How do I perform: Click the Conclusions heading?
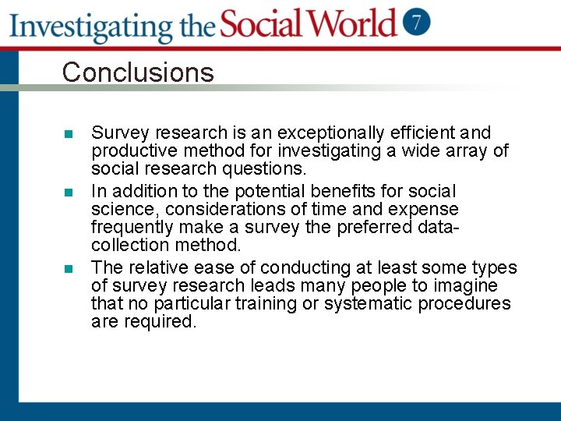click(138, 73)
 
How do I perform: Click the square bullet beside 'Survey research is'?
click(69, 134)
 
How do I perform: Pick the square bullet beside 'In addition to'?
click(69, 192)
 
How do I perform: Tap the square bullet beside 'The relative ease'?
click(69, 269)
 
